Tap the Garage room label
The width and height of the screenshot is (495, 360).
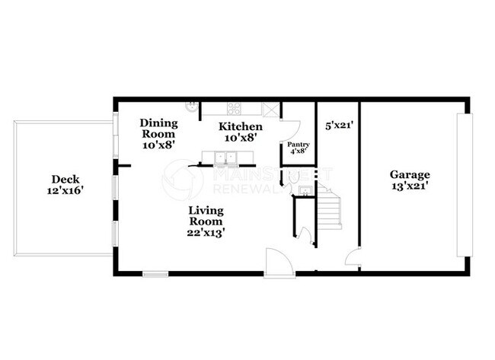(410, 174)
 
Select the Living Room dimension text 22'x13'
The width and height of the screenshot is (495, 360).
(206, 233)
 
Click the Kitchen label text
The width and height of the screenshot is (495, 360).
(241, 126)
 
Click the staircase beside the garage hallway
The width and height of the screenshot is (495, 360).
(330, 209)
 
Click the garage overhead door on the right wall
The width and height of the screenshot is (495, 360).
(464, 185)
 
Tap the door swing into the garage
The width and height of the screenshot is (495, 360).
(353, 259)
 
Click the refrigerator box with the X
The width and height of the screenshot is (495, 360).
(270, 109)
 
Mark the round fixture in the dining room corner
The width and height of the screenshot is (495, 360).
(193, 107)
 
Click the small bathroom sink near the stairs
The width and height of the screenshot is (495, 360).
(304, 190)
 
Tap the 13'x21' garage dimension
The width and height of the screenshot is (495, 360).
(410, 186)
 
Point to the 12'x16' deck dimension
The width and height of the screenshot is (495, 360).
(64, 191)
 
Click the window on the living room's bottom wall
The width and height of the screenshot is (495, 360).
(155, 272)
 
